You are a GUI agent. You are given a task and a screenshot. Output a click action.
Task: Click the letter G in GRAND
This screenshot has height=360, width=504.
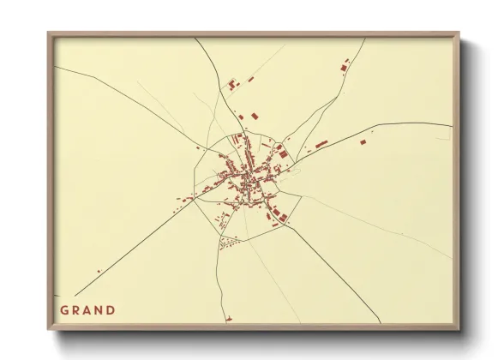pyautogui.click(x=64, y=309)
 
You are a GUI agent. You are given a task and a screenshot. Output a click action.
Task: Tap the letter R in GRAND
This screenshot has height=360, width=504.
pyautogui.click(x=76, y=309)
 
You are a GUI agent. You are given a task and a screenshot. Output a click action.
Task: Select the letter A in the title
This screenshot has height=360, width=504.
pyautogui.click(x=88, y=309)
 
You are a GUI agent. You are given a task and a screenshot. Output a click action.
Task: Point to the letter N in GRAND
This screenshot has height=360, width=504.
pyautogui.click(x=100, y=309)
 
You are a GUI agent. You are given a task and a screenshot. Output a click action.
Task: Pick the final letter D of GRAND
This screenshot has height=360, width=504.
pyautogui.click(x=112, y=309)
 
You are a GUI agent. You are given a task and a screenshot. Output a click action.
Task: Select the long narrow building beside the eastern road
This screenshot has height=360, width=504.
pyautogui.click(x=321, y=145)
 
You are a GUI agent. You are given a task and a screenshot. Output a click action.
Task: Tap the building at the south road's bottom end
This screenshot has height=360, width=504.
pyautogui.click(x=229, y=321)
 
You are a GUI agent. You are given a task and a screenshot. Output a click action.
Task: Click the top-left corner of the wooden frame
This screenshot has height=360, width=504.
pyautogui.click(x=49, y=33)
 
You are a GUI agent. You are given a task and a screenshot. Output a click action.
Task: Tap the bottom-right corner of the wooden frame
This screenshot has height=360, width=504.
pyautogui.click(x=459, y=330)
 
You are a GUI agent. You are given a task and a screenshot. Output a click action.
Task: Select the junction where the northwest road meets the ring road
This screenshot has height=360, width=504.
pyautogui.click(x=208, y=148)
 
